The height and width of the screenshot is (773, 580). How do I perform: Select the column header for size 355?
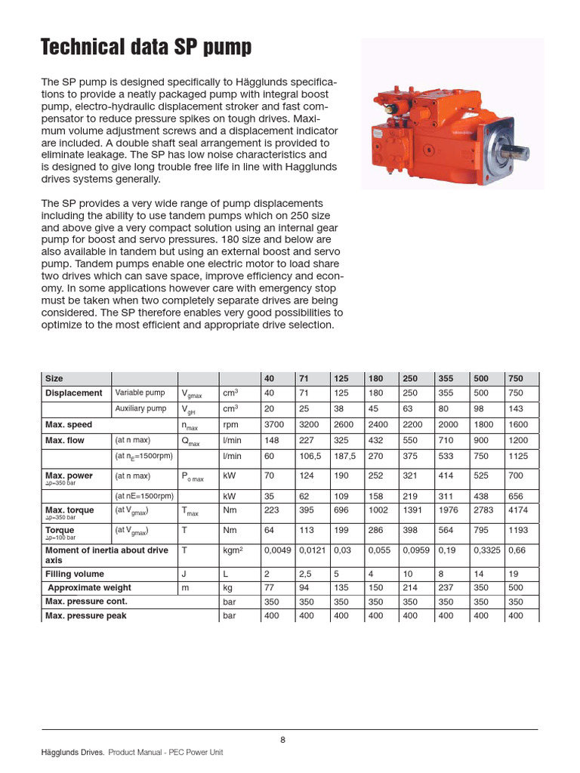click(x=446, y=378)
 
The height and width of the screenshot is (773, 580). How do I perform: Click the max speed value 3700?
click(x=273, y=424)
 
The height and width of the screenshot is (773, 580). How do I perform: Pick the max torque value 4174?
click(x=519, y=510)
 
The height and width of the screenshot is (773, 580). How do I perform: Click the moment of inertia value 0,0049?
click(x=277, y=550)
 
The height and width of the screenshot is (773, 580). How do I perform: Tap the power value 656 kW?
click(x=516, y=496)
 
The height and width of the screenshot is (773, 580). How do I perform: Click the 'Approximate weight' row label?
click(x=89, y=587)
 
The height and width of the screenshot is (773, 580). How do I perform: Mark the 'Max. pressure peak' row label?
click(x=86, y=616)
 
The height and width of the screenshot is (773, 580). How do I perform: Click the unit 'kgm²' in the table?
click(x=233, y=550)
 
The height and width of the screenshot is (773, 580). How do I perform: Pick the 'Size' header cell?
click(x=54, y=378)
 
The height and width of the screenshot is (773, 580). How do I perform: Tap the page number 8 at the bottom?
click(x=282, y=739)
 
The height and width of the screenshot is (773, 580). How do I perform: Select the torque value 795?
click(x=480, y=530)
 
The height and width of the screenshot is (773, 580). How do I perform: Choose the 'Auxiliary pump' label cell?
click(x=140, y=408)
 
